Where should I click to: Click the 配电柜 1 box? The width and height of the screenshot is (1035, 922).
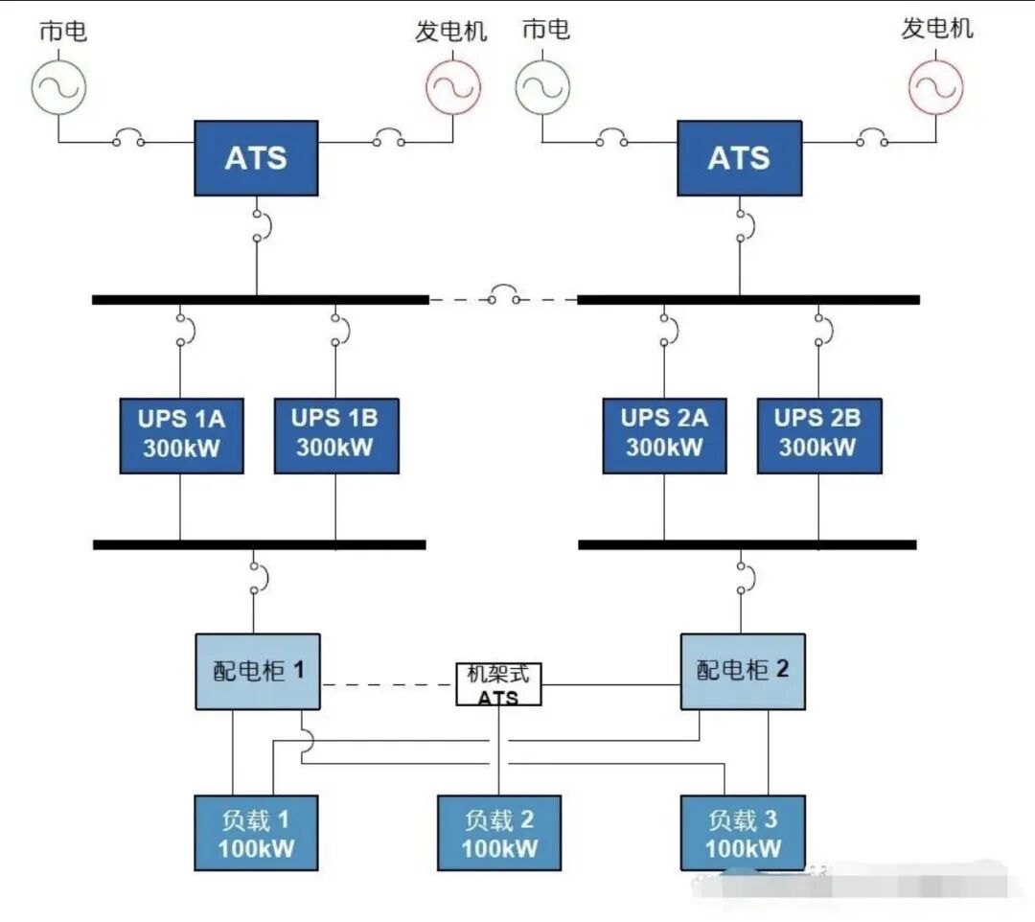(x=258, y=671)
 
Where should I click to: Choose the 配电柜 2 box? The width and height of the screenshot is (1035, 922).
(x=743, y=671)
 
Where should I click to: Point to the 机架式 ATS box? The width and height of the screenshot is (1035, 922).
(x=498, y=684)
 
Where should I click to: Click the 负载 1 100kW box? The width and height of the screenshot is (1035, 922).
(x=256, y=833)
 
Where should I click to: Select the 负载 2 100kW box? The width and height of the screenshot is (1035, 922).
(x=499, y=833)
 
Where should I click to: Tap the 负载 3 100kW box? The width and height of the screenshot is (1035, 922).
(x=743, y=833)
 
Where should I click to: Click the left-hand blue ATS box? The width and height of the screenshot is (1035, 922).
(x=256, y=158)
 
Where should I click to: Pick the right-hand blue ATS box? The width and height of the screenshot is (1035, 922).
(x=739, y=158)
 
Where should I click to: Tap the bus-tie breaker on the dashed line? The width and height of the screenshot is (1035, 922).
(x=502, y=296)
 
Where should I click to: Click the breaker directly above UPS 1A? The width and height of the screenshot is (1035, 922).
(x=183, y=329)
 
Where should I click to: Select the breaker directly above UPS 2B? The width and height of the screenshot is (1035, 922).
(x=820, y=329)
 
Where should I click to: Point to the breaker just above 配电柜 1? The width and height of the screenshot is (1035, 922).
(x=257, y=575)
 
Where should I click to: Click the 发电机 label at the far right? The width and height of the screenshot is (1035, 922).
(x=936, y=29)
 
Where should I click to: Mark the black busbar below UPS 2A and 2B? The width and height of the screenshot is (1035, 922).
(x=747, y=544)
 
